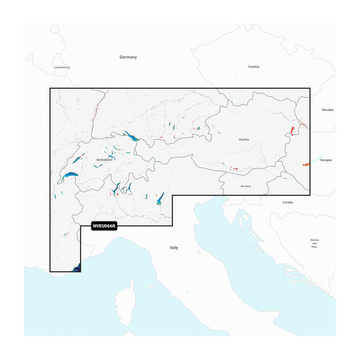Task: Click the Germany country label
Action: pyautogui.click(x=128, y=56)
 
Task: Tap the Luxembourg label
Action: pyautogui.click(x=62, y=67)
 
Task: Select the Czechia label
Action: pyautogui.click(x=253, y=66)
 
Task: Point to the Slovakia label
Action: pyautogui.click(x=327, y=110)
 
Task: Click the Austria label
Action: pyautogui.click(x=243, y=140)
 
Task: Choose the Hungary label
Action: pyautogui.click(x=326, y=160)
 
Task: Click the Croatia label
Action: pyautogui.click(x=287, y=202)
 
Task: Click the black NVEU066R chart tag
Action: pyautogui.click(x=104, y=227)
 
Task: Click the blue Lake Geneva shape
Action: pyautogui.click(x=70, y=176)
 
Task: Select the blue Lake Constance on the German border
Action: pyautogui.click(x=132, y=136)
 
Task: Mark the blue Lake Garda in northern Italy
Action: pyautogui.click(x=160, y=199)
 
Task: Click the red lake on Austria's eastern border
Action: pyautogui.click(x=293, y=131)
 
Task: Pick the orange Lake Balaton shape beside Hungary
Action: pyautogui.click(x=306, y=164)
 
